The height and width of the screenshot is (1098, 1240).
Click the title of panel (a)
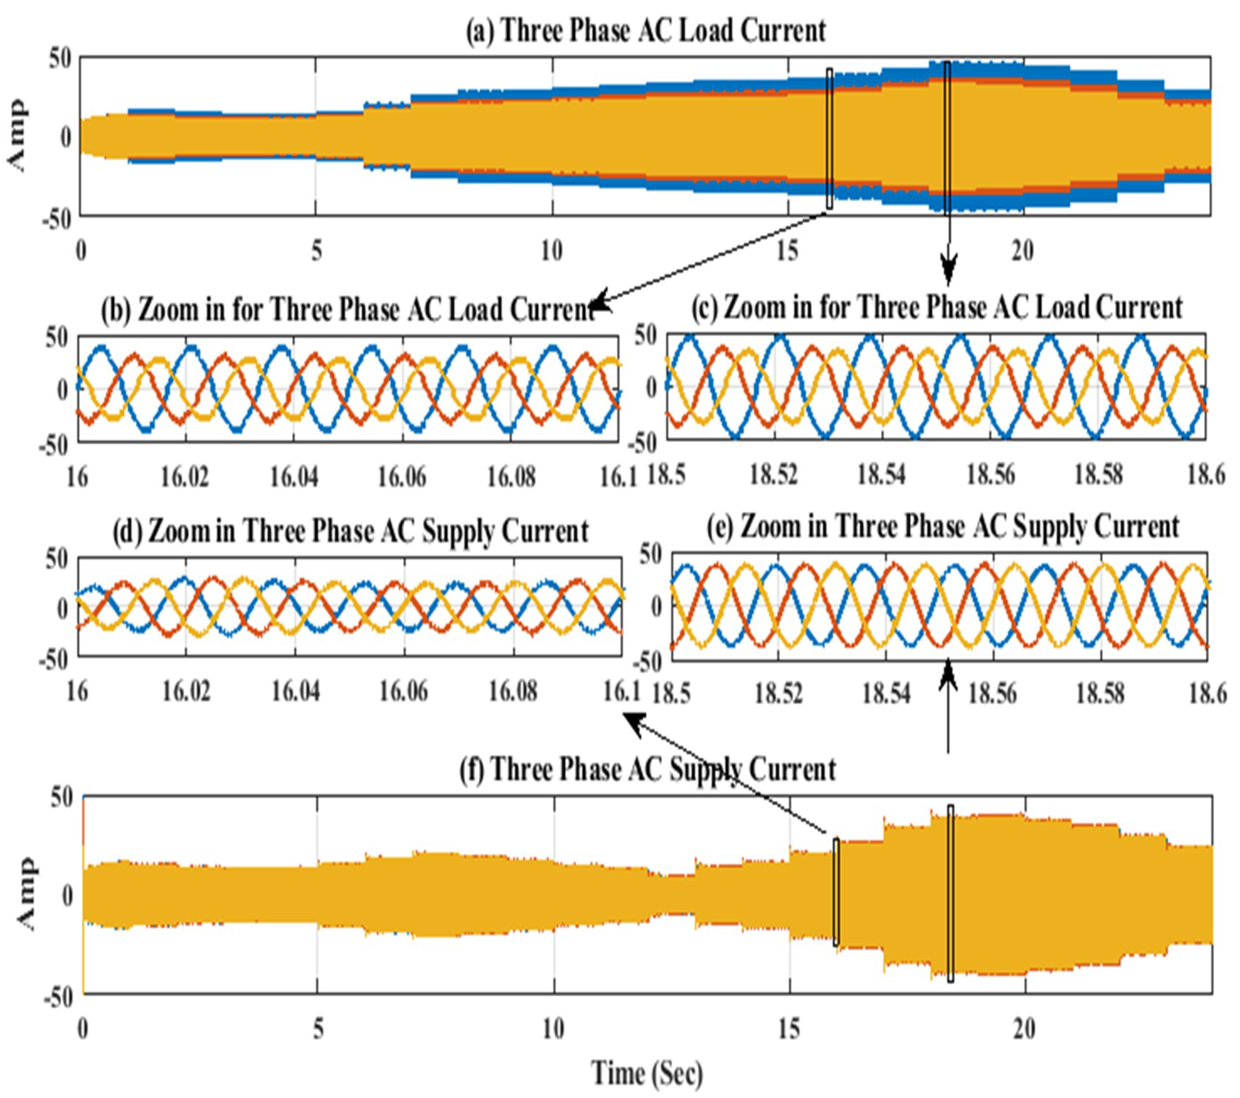646,30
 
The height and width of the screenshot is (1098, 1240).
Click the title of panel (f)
648,769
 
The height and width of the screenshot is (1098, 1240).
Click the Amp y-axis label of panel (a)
18,136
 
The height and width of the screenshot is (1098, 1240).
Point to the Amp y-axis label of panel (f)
25,894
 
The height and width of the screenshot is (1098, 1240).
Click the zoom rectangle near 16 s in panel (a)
829,139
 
